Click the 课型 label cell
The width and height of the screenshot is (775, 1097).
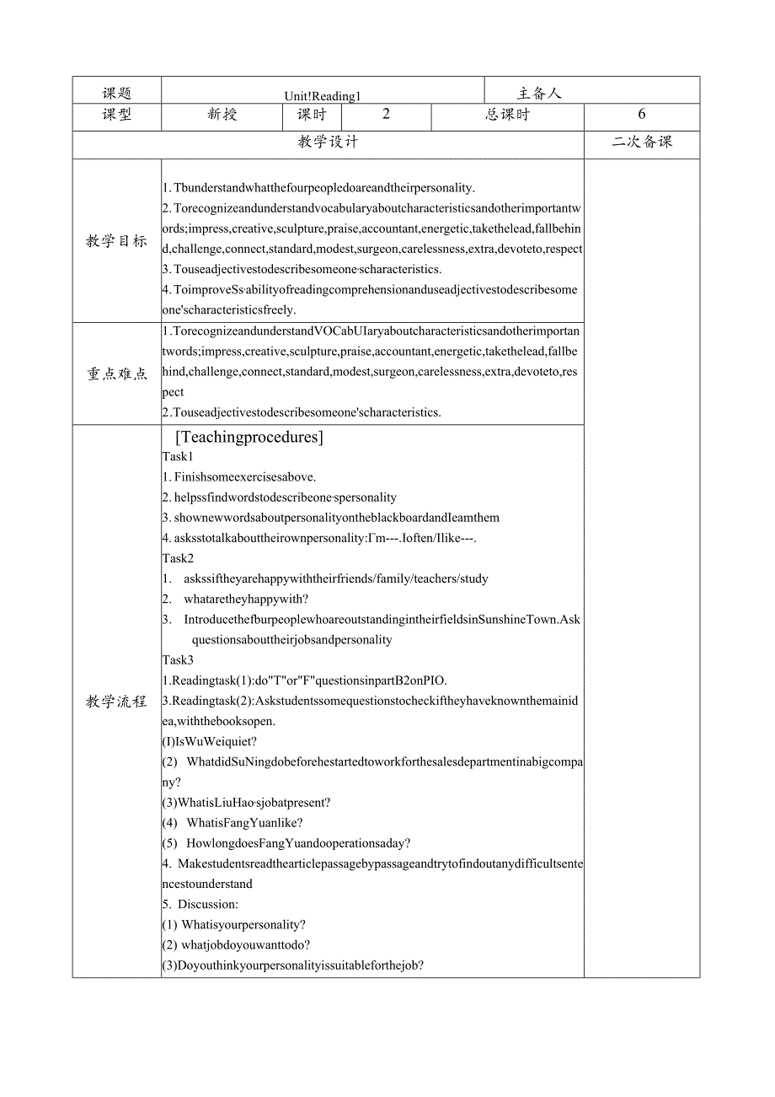point(117,115)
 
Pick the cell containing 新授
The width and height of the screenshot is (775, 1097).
point(222,115)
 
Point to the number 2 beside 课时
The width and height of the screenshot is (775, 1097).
point(386,115)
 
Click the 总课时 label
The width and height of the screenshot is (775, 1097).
point(507,115)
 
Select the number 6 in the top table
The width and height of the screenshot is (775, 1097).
point(641,115)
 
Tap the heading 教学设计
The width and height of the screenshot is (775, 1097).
point(328,142)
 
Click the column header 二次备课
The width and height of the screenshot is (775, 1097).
point(642,142)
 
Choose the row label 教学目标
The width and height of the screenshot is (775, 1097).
point(116,241)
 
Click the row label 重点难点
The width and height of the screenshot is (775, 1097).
point(117,374)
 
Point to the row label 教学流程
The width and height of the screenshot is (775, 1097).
point(116,701)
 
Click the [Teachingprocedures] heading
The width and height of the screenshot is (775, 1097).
point(249,437)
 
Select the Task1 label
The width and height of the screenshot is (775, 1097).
point(178,457)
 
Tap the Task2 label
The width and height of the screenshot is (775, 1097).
point(178,558)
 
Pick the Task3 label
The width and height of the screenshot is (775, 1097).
point(178,660)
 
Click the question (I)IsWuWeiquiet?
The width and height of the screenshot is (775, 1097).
point(210,741)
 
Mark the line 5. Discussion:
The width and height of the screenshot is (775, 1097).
point(200,904)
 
